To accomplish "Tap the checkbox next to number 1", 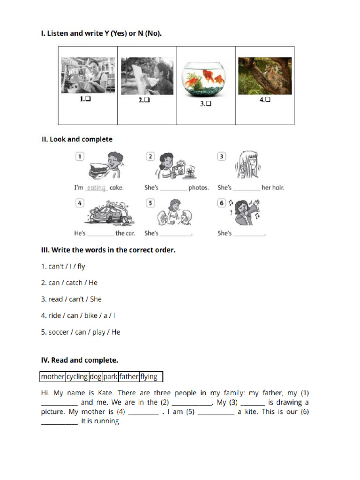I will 87,99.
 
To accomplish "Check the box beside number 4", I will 268,99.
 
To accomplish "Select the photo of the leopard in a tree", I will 265,76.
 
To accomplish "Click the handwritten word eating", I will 97,187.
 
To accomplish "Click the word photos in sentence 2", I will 199,187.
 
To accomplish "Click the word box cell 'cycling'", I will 77,377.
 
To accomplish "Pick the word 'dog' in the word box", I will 96,377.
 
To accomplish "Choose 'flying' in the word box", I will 149,377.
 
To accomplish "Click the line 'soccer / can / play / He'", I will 81,332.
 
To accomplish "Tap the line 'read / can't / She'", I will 71,299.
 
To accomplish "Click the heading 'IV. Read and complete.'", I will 80,360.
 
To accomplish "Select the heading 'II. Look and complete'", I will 77,139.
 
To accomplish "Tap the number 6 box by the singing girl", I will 222,203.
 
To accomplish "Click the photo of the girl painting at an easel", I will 147,76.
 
